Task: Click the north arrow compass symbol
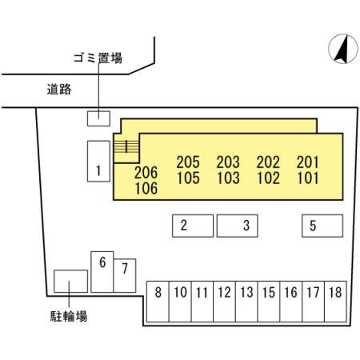click(343, 49)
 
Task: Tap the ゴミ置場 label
click(98, 58)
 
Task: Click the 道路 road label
click(59, 89)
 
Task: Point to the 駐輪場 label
click(69, 316)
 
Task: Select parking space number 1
click(98, 162)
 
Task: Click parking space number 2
click(193, 226)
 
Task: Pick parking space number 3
click(238, 226)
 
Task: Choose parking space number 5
click(322, 226)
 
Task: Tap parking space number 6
click(102, 272)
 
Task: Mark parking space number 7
click(125, 275)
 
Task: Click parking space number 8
click(158, 302)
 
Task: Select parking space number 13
click(246, 302)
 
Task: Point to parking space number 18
click(335, 302)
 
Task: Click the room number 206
click(146, 173)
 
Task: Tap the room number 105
click(188, 178)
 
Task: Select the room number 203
click(228, 162)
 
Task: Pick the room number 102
click(268, 178)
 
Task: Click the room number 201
click(308, 162)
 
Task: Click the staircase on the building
click(126, 148)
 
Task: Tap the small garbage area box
click(98, 118)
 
